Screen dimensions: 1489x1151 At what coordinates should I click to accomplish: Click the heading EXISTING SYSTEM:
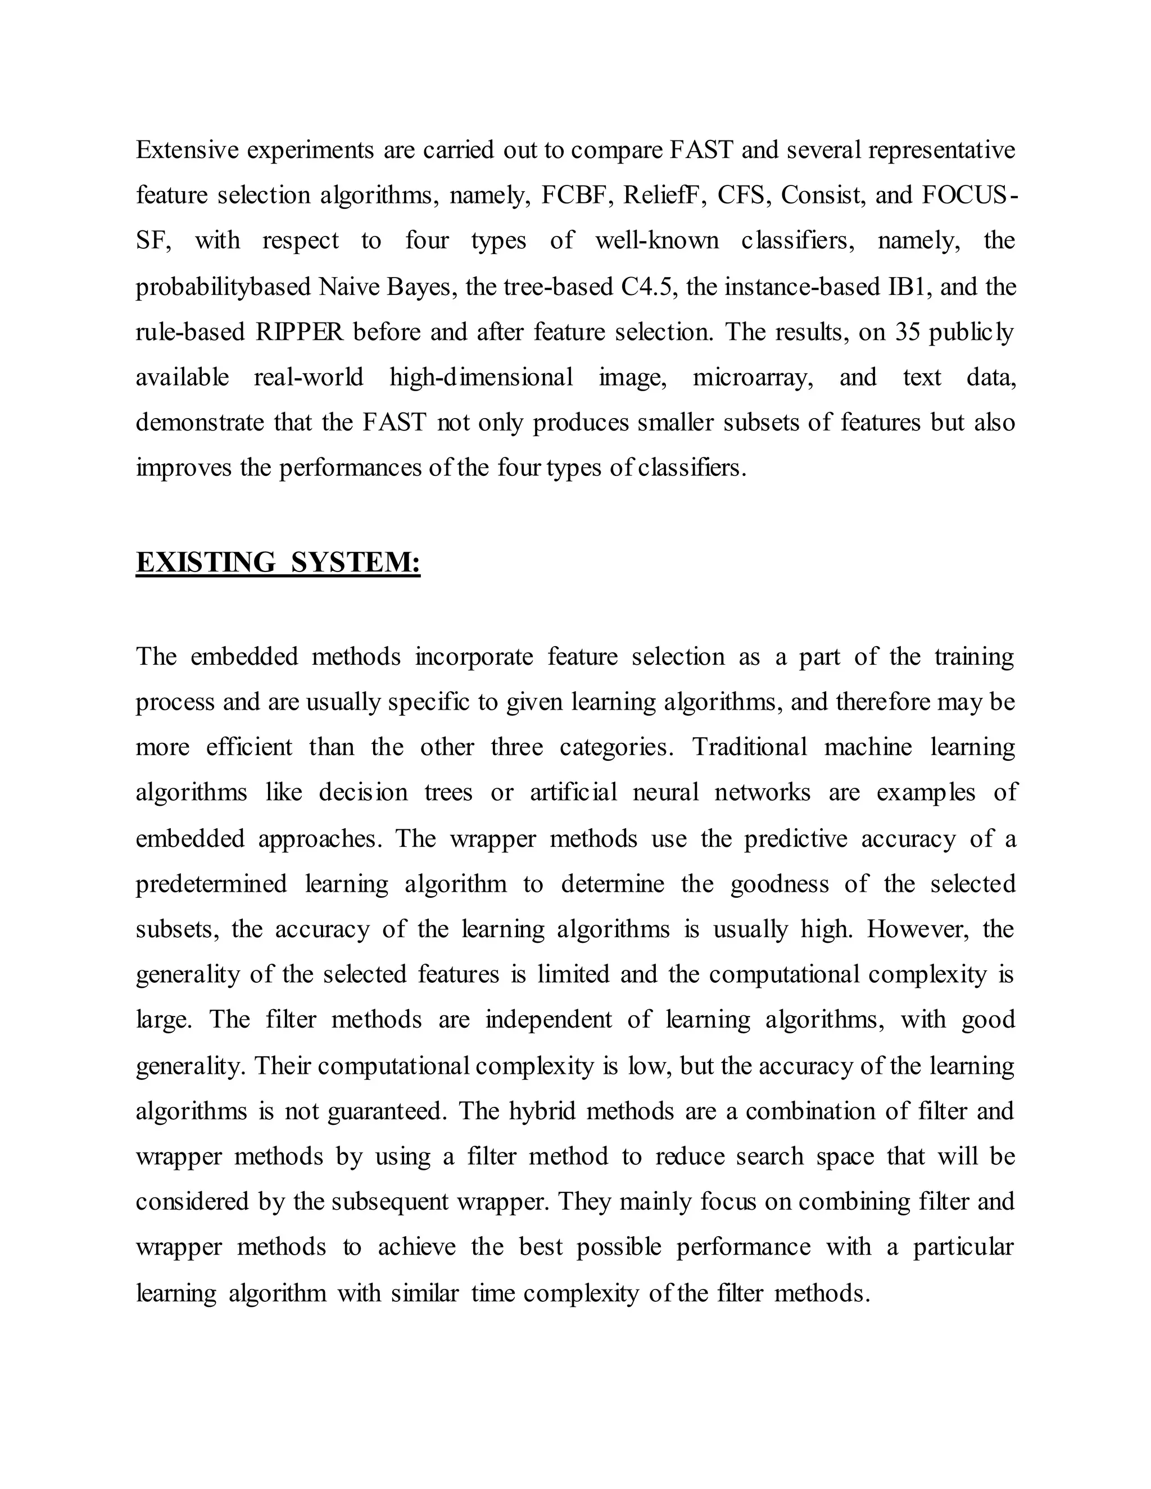coord(278,562)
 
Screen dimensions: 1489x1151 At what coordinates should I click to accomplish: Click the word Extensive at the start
coord(186,150)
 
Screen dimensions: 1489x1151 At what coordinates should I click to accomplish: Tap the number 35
coord(908,332)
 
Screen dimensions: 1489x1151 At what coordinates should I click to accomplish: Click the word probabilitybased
coord(224,287)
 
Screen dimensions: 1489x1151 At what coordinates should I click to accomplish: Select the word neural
coord(665,792)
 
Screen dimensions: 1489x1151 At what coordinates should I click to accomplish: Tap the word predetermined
coord(211,884)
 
